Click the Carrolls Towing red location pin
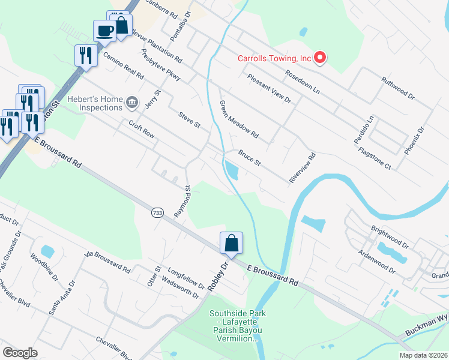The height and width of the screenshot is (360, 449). (320, 58)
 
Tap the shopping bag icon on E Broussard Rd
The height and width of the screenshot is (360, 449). (231, 243)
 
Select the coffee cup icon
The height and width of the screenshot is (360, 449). (104, 31)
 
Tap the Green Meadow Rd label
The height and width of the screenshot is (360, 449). (238, 118)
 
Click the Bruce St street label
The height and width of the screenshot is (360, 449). (249, 158)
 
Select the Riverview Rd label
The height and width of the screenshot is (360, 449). (303, 168)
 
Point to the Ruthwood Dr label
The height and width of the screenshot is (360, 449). (398, 87)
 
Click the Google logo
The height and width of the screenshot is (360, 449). (20, 352)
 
